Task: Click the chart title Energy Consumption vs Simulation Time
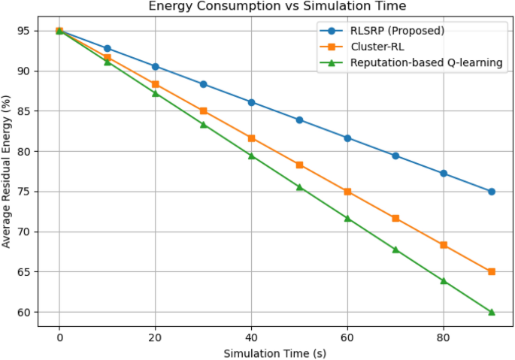[x=277, y=7]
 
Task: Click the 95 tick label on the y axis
[x=23, y=31]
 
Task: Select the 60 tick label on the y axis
[x=23, y=312]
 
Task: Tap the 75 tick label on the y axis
[x=23, y=192]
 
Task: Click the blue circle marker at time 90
[x=492, y=192]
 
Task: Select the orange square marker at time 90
[x=492, y=271]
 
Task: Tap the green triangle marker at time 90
[x=492, y=312]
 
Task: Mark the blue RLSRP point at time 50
[x=299, y=119]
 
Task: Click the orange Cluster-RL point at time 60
[x=347, y=192]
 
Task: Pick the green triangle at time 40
[x=251, y=156]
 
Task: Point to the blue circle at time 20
[x=155, y=67]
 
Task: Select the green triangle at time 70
[x=395, y=250]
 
